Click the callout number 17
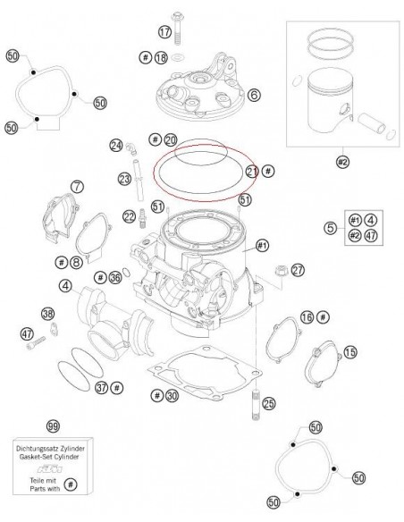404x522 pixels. [164, 32]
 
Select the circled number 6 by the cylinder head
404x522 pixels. [254, 94]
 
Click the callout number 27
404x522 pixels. [298, 269]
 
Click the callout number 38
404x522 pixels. [48, 313]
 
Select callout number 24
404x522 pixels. [116, 145]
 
